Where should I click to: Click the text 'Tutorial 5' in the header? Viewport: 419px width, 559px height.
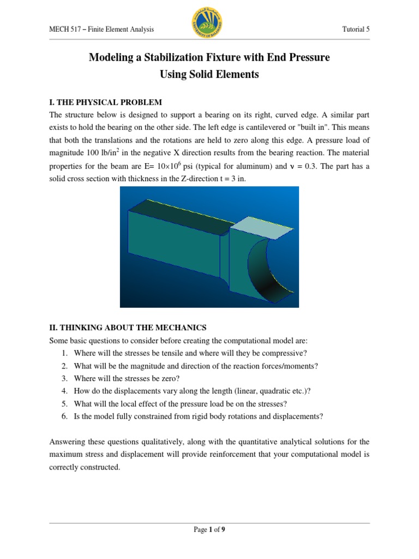pos(355,29)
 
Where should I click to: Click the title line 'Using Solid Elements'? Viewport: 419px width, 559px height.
pos(209,75)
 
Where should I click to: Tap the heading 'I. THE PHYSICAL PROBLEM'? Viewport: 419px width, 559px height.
pos(106,103)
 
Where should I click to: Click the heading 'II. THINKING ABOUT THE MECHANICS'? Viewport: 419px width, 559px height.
pos(128,328)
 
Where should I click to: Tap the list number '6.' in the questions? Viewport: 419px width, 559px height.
pos(64,416)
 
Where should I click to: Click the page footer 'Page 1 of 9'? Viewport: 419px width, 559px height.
pos(209,530)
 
